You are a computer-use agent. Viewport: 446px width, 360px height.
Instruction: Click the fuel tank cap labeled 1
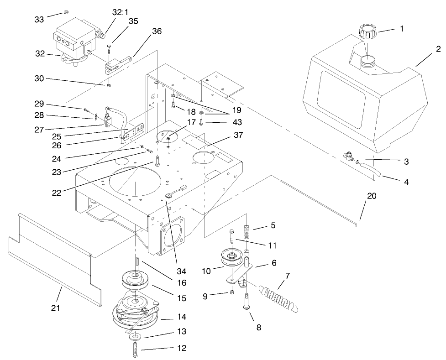click(x=368, y=33)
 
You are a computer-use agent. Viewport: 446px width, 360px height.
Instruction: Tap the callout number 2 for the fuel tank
click(x=437, y=49)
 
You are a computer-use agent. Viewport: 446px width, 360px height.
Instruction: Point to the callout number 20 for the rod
click(x=371, y=196)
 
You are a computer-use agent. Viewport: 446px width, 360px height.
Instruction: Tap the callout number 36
click(x=157, y=31)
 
